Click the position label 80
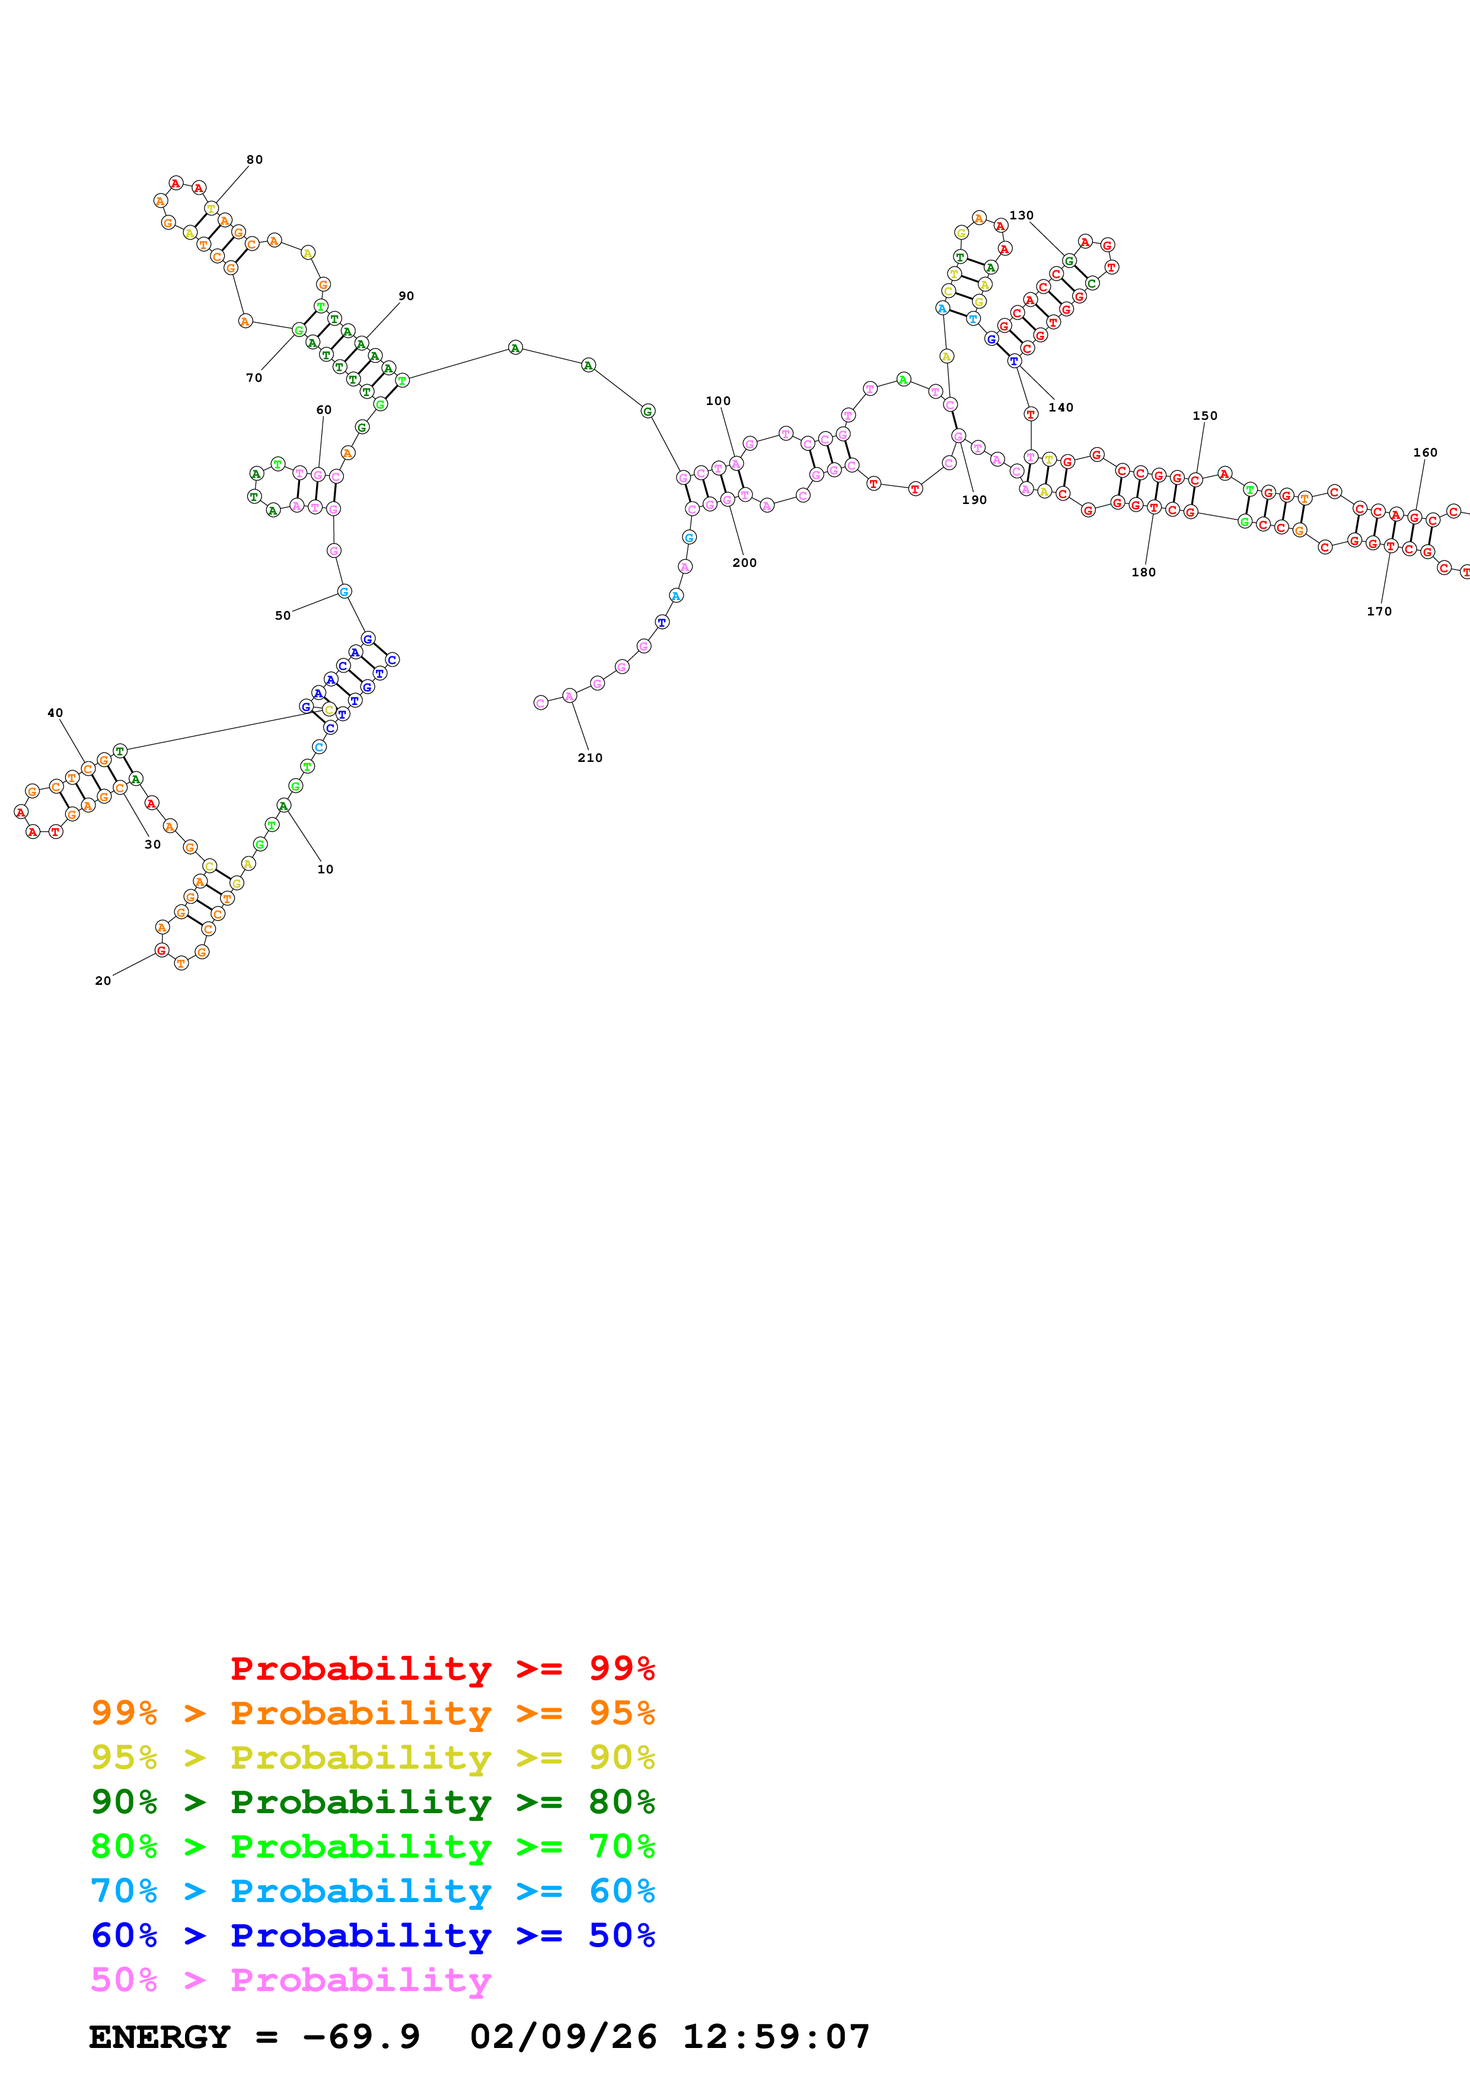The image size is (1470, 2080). [254, 159]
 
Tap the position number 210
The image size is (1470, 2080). [589, 757]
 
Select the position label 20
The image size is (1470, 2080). [103, 980]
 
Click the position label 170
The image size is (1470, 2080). [1379, 611]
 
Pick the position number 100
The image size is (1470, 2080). [718, 400]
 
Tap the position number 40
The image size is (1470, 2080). [55, 713]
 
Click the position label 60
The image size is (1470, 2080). [323, 410]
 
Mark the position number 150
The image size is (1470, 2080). [1204, 416]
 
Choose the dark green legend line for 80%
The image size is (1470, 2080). [372, 1802]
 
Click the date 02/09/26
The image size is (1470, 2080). [563, 2037]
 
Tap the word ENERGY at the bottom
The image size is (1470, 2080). [160, 2037]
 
